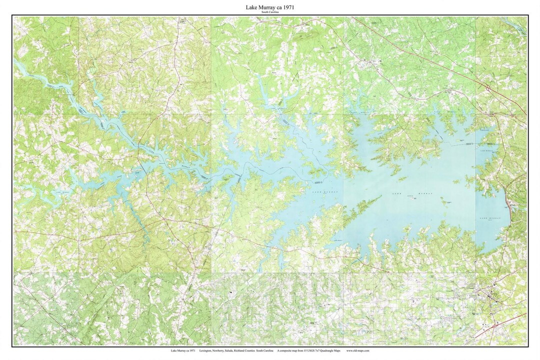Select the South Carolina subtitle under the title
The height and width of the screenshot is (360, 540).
(270, 12)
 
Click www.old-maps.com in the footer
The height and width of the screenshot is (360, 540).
(357, 351)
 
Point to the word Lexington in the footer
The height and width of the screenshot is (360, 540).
(205, 351)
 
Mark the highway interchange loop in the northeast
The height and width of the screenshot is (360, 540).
(487, 88)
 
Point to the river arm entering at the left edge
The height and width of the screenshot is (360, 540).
(22, 67)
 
